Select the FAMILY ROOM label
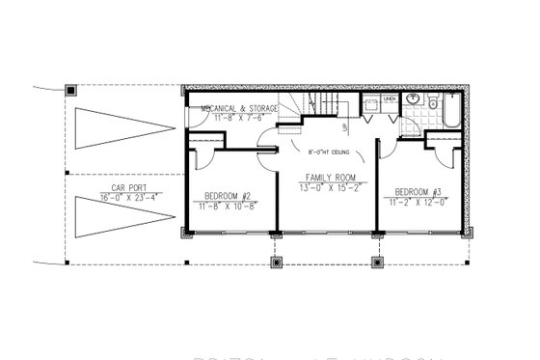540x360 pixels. [x=327, y=179]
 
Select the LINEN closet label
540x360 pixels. [x=390, y=99]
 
